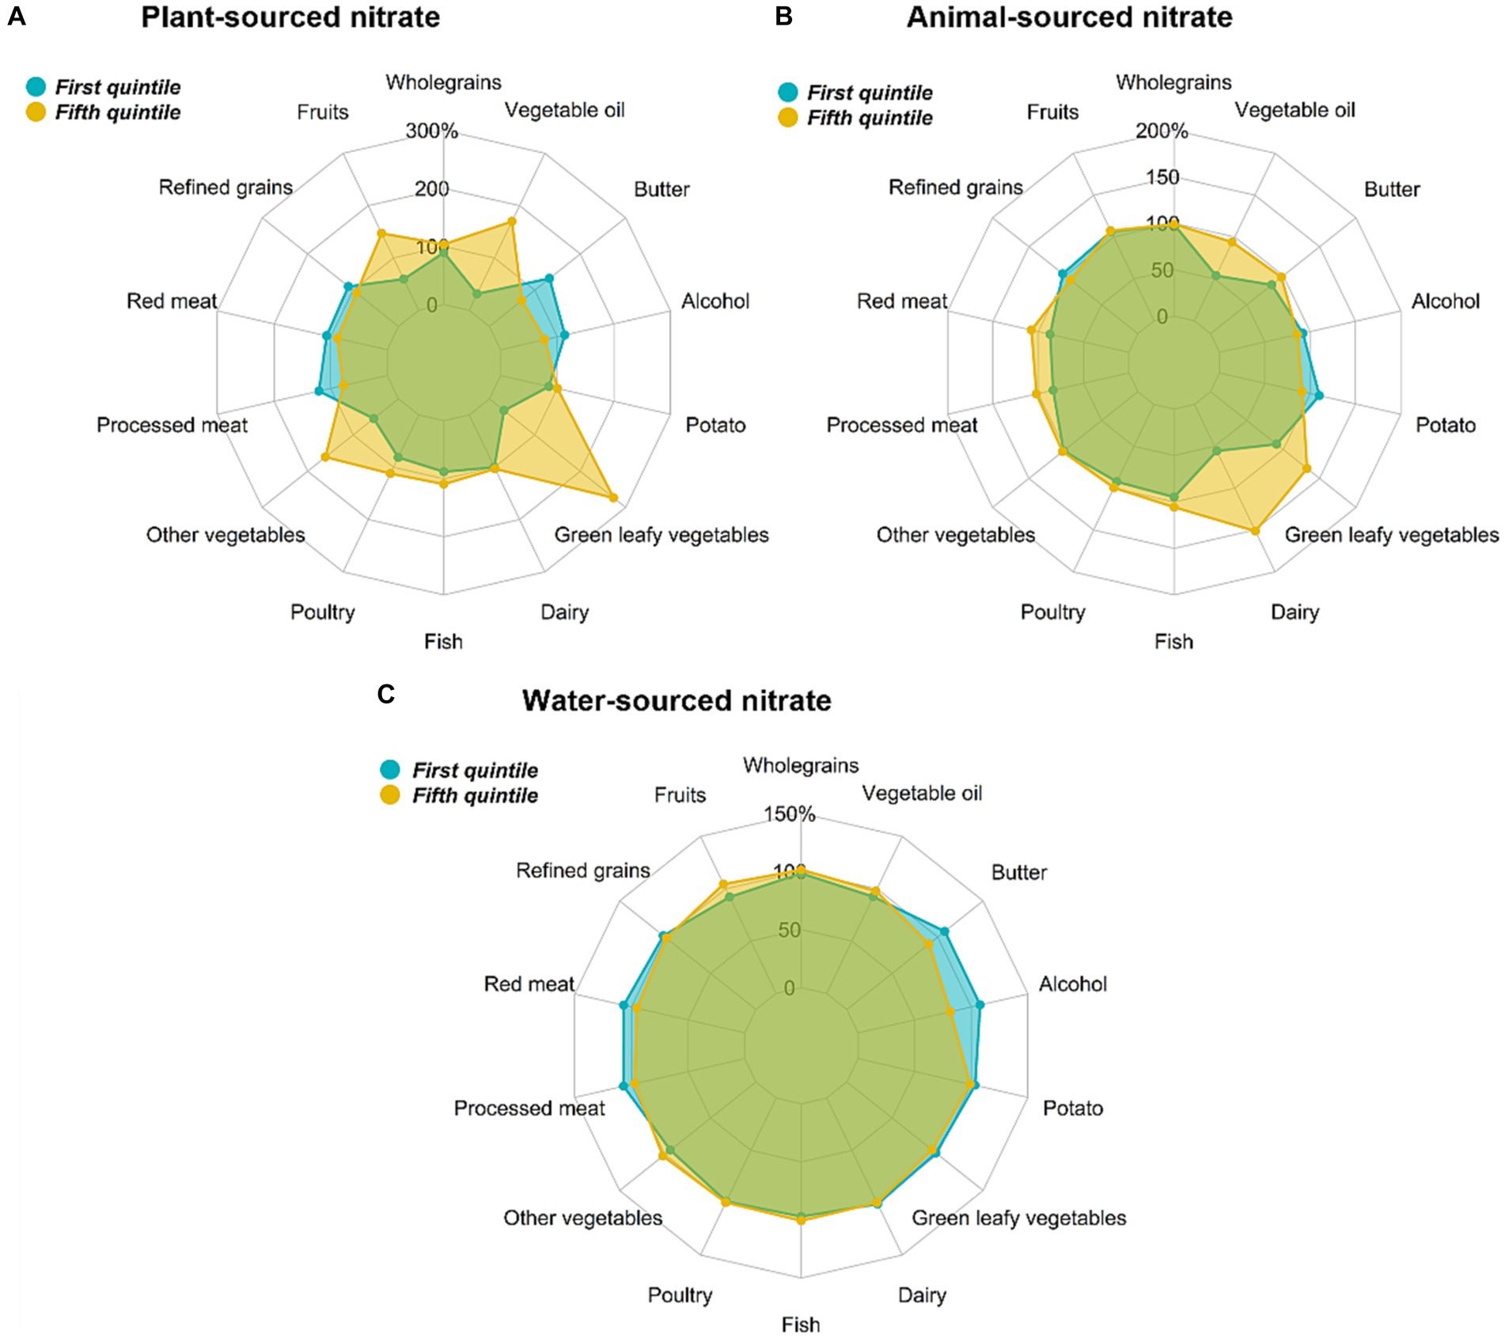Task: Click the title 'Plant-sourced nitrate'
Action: click(x=290, y=17)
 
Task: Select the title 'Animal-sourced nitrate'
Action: click(x=1069, y=17)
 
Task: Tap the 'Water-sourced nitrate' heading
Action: click(x=677, y=700)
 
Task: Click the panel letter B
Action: click(x=783, y=16)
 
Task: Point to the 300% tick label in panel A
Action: click(x=432, y=131)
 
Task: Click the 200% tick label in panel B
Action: click(x=1162, y=131)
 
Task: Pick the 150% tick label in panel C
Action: click(x=789, y=813)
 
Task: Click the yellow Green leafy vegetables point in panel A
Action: click(x=613, y=497)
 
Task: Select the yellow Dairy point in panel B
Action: click(x=1255, y=530)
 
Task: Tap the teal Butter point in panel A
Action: click(x=549, y=279)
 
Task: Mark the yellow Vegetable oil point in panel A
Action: click(x=512, y=222)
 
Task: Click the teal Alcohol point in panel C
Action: click(x=980, y=1005)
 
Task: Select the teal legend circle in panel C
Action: click(x=391, y=769)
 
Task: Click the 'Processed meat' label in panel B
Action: click(x=901, y=425)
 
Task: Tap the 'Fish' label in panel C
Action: click(x=800, y=1324)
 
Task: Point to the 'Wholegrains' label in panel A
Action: click(x=443, y=82)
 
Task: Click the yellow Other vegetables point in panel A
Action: click(x=324, y=457)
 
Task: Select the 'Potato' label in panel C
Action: click(x=1072, y=1108)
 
